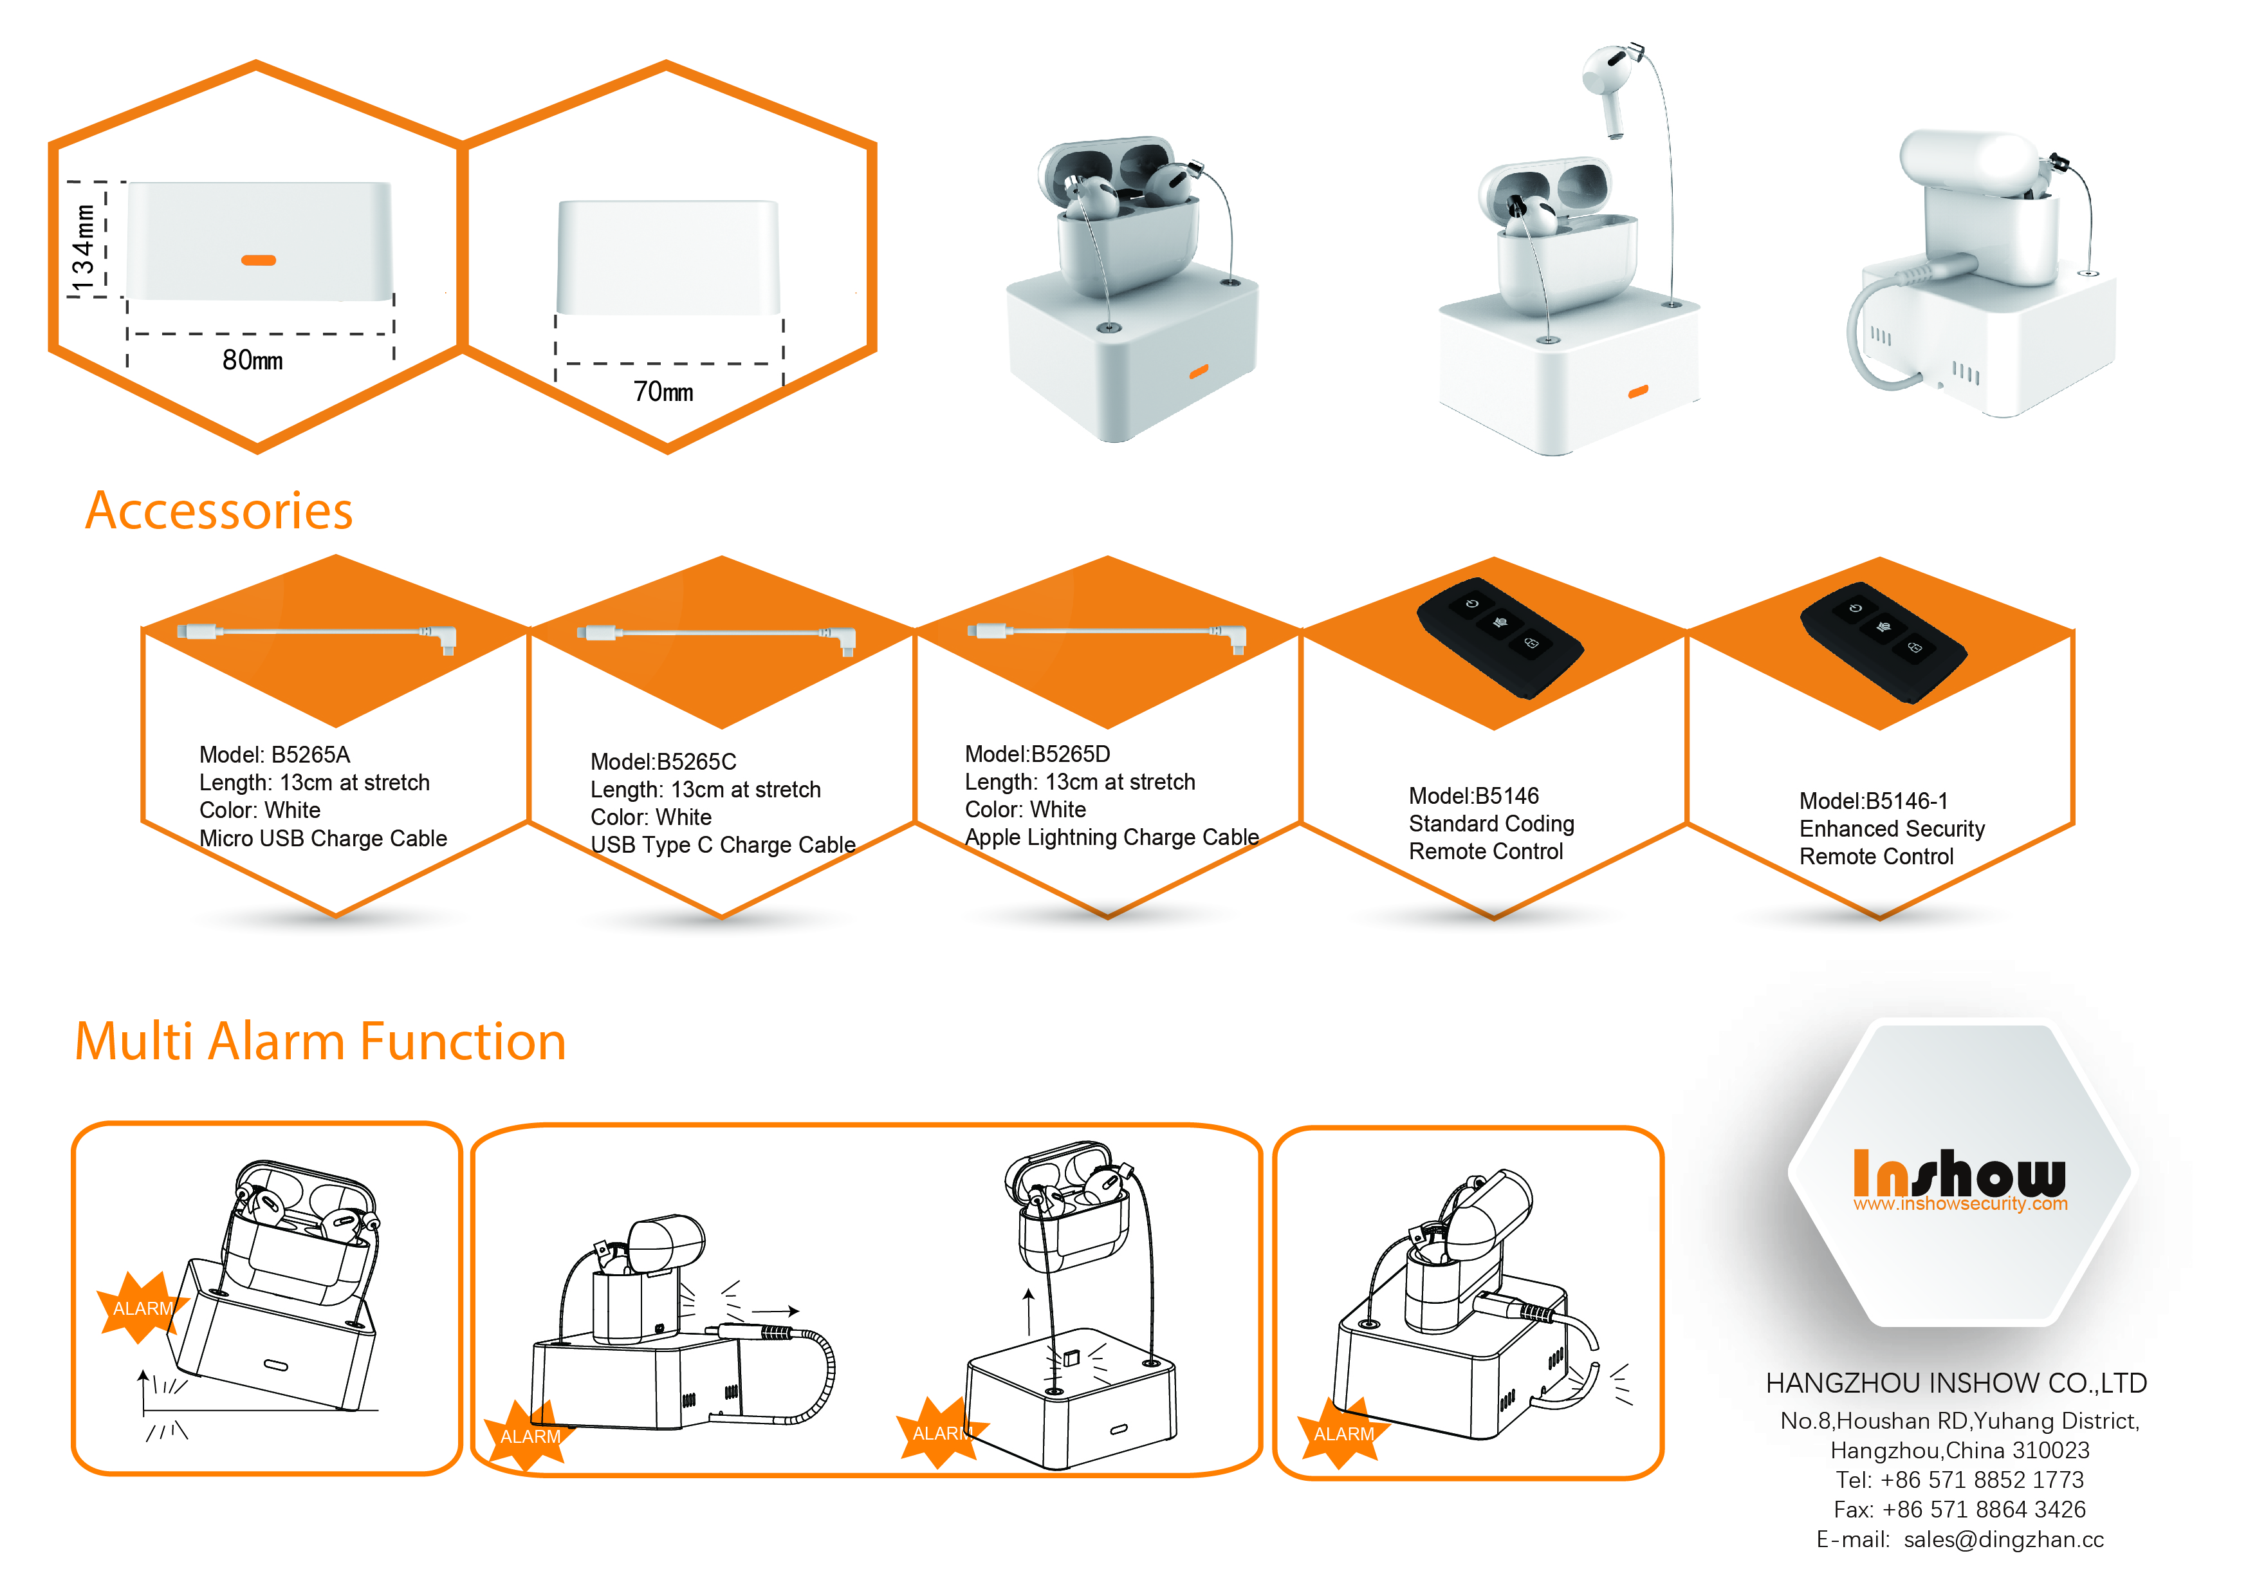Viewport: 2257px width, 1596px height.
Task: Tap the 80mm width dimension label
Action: [x=253, y=360]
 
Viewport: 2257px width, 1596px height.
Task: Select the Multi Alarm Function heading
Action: [x=320, y=1041]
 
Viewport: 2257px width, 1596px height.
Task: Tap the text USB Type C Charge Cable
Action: [x=724, y=845]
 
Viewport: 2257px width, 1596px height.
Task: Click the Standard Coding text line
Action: [x=1491, y=824]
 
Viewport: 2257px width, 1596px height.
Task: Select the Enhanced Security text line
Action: [x=1892, y=829]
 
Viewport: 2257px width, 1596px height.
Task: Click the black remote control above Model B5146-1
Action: [x=1883, y=642]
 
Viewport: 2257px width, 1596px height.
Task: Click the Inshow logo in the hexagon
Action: [x=1959, y=1179]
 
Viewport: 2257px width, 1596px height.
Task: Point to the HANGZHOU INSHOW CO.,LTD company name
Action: [x=1956, y=1384]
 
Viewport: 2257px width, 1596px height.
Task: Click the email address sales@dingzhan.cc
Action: [x=2004, y=1540]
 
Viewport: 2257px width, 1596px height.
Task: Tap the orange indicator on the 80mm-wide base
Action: [x=259, y=261]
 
